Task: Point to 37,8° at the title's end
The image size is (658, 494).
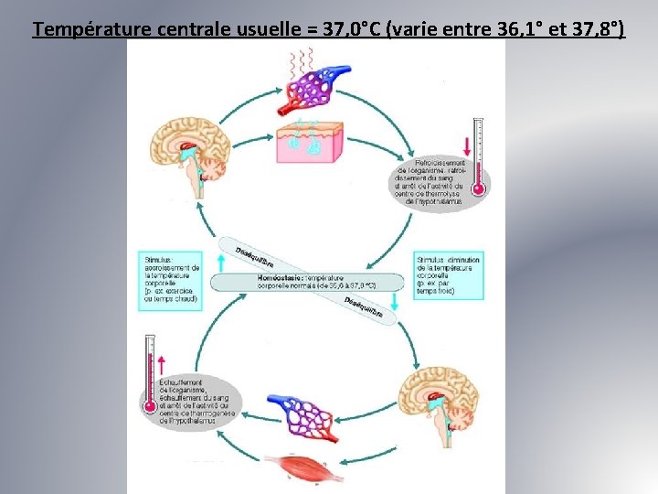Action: coord(599,29)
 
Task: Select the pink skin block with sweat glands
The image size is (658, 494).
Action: coord(313,142)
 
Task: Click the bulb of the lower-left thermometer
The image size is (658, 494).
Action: coord(149,403)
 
